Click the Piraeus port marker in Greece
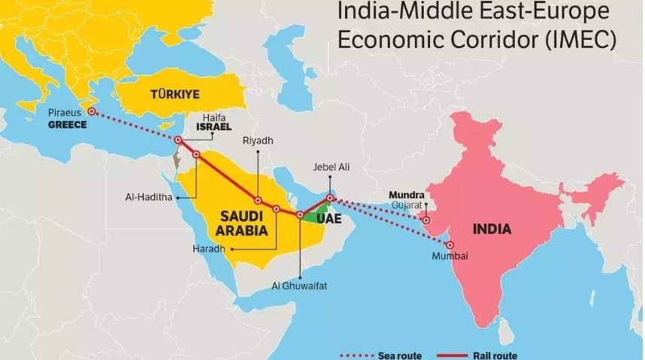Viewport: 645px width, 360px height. point(92,111)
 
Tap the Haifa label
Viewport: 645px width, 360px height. point(214,117)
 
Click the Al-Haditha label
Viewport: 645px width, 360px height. point(150,198)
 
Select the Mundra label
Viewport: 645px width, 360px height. point(406,195)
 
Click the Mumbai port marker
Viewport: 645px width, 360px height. point(450,245)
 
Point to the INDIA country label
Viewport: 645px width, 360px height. point(492,228)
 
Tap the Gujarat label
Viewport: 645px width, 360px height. point(407,204)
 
